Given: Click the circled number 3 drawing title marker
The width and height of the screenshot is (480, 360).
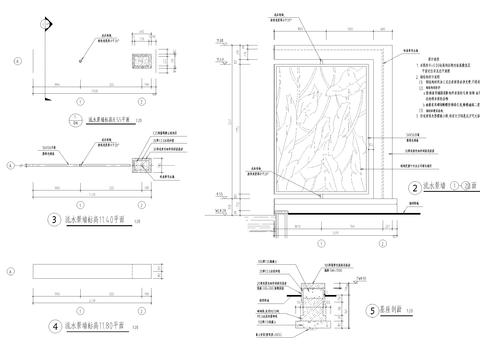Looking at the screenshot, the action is click(52, 218).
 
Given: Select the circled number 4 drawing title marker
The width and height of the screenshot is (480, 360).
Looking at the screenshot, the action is click(52, 325).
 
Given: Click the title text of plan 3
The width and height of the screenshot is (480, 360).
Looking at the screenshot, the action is click(99, 218).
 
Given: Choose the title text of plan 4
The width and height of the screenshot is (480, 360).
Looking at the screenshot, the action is click(99, 325).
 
